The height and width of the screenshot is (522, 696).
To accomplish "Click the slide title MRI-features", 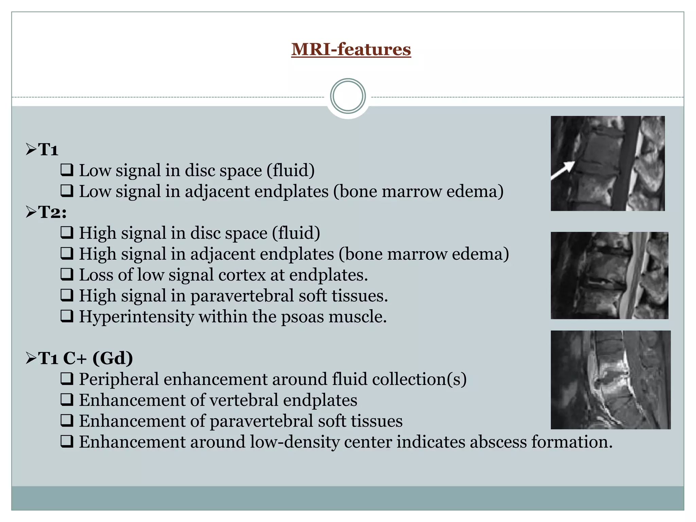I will (x=351, y=49).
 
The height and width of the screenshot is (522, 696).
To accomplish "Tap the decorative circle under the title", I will (x=348, y=96).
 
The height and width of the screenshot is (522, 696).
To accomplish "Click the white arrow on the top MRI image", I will (x=562, y=170).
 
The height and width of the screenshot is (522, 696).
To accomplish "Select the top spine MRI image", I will (x=607, y=163).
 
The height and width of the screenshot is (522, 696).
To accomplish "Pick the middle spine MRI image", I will (x=609, y=275).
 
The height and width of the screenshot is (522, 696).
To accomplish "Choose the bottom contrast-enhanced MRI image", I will (x=610, y=380).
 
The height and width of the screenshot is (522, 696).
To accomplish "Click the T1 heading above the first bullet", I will (x=48, y=150).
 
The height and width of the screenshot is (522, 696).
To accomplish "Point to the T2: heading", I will (x=52, y=212).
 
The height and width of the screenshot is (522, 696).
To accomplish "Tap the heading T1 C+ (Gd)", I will (x=85, y=358).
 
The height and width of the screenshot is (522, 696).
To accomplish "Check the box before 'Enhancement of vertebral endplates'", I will (x=67, y=400).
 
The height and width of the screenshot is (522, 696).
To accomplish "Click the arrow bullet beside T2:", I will (x=31, y=212).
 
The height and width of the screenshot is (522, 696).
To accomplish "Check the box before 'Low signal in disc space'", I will (x=67, y=170).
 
